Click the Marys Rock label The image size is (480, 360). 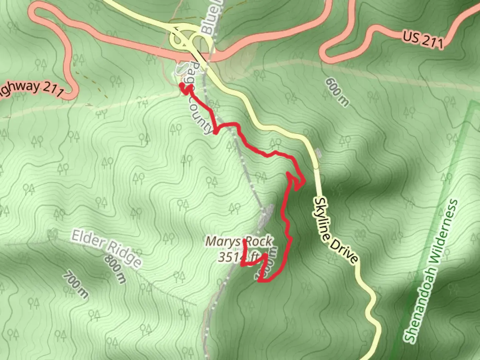(x=239, y=241)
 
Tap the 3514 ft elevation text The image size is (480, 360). (x=239, y=257)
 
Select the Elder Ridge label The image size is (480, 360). (x=106, y=248)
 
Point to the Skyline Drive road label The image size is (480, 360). (x=336, y=230)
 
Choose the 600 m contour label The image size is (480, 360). (x=337, y=92)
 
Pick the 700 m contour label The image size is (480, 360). (x=76, y=285)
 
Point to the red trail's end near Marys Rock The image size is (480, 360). (x=245, y=241)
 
